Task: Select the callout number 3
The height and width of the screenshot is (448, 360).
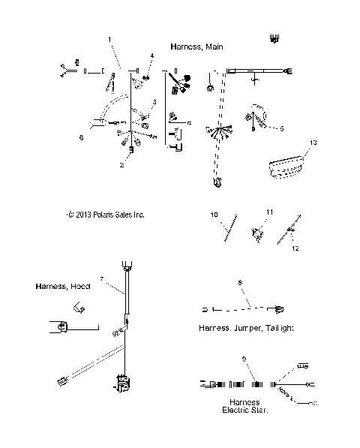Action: [154, 101]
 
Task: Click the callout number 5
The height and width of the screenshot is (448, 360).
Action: [281, 128]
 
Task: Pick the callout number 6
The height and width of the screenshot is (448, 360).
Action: [80, 137]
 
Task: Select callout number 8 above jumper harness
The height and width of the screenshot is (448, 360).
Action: [239, 283]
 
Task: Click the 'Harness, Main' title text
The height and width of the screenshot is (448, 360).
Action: [195, 46]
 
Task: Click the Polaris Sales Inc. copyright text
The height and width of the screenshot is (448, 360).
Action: [105, 215]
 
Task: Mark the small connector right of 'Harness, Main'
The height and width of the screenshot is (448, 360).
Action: [274, 40]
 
